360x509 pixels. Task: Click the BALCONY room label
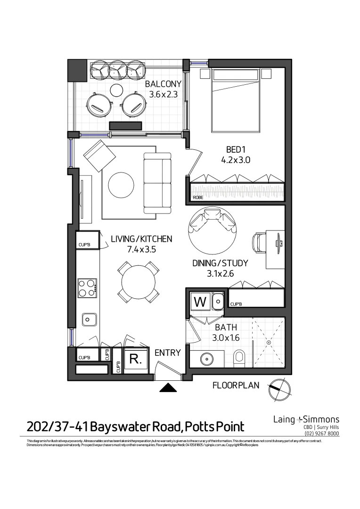click(163, 84)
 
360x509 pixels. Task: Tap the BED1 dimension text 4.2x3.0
click(235, 160)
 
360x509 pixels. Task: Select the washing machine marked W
click(200, 302)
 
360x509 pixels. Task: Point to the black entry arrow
click(169, 388)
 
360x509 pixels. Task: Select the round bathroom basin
click(208, 360)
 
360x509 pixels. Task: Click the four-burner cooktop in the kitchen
click(87, 288)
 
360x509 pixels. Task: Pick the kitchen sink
click(89, 320)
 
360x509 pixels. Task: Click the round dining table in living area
click(138, 282)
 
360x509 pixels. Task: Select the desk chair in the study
click(260, 243)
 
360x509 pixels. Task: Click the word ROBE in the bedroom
click(198, 197)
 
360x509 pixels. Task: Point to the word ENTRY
click(168, 353)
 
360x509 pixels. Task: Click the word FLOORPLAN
click(236, 386)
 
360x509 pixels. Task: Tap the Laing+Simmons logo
click(306, 419)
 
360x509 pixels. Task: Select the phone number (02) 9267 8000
click(322, 434)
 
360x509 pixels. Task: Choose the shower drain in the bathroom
click(269, 343)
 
